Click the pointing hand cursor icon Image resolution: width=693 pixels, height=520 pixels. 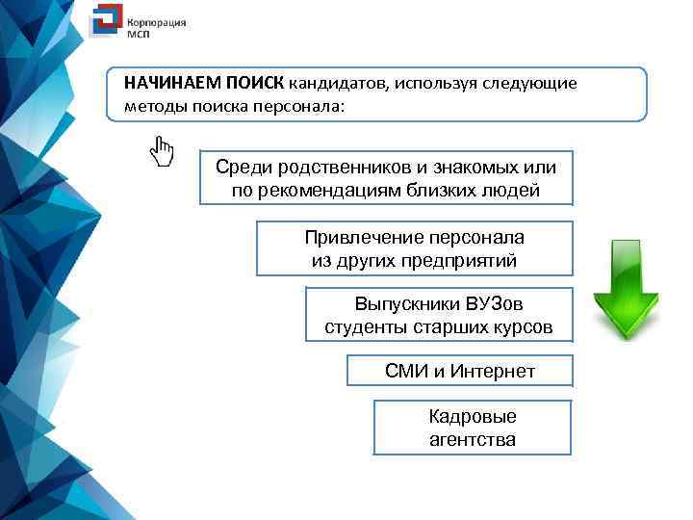pyautogui.click(x=162, y=151)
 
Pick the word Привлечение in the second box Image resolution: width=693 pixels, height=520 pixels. pyautogui.click(x=351, y=237)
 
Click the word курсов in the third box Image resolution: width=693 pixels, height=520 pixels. pyautogui.click(x=521, y=327)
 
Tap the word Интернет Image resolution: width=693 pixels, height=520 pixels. pyautogui.click(x=488, y=371)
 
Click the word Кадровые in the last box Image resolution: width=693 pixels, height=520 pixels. pyautogui.click(x=473, y=417)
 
